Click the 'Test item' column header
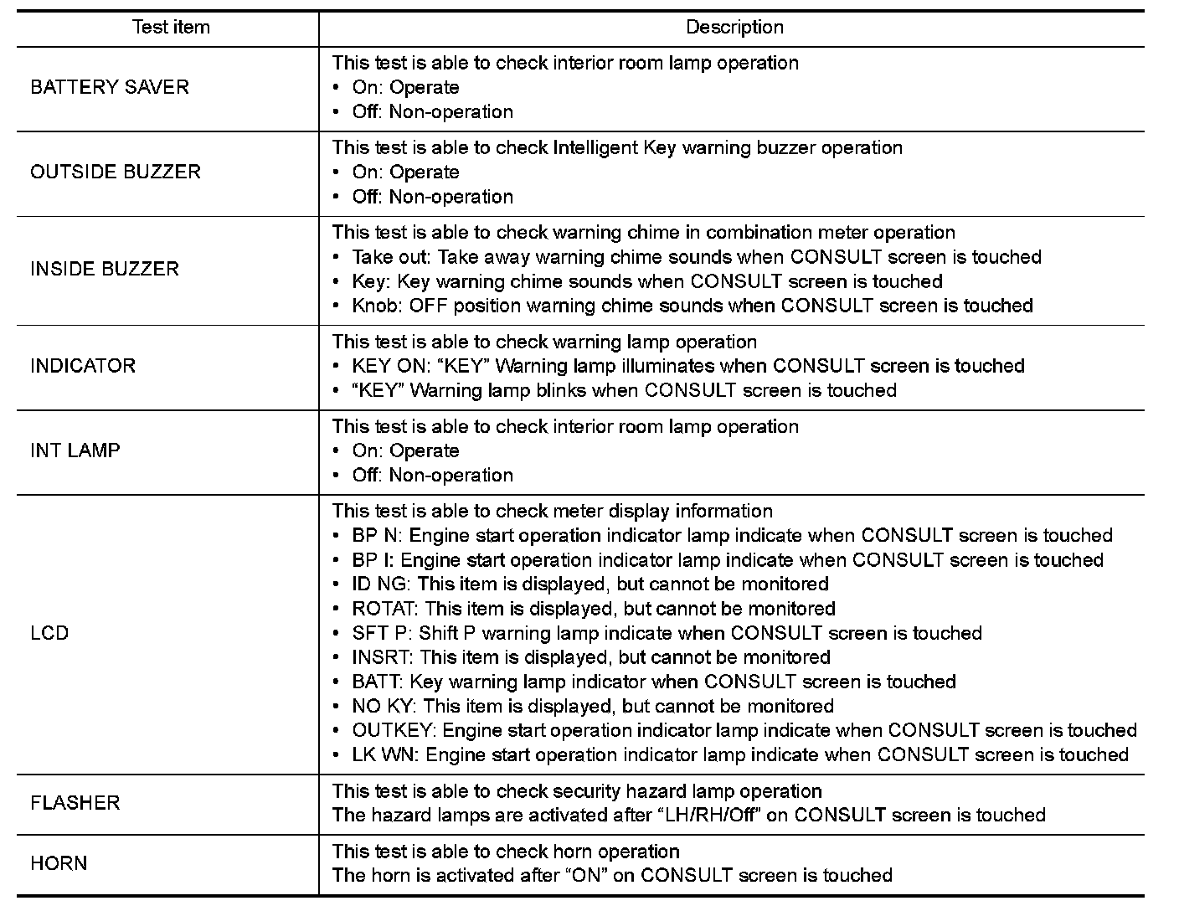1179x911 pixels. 171,28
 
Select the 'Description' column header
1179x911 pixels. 734,28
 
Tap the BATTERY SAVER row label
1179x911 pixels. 110,87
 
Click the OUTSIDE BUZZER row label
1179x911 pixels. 116,172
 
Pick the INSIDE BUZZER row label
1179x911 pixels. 105,269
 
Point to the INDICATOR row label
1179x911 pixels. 83,366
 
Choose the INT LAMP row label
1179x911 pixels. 75,450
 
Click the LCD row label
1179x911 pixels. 49,633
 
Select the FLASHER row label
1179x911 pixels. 75,803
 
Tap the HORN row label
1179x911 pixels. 59,863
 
